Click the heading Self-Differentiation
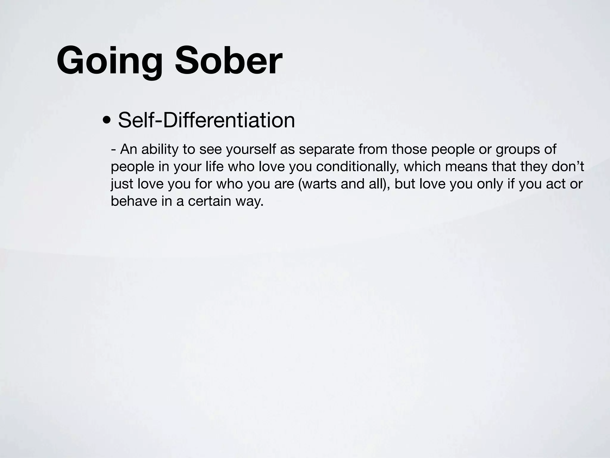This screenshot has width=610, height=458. pyautogui.click(x=206, y=120)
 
